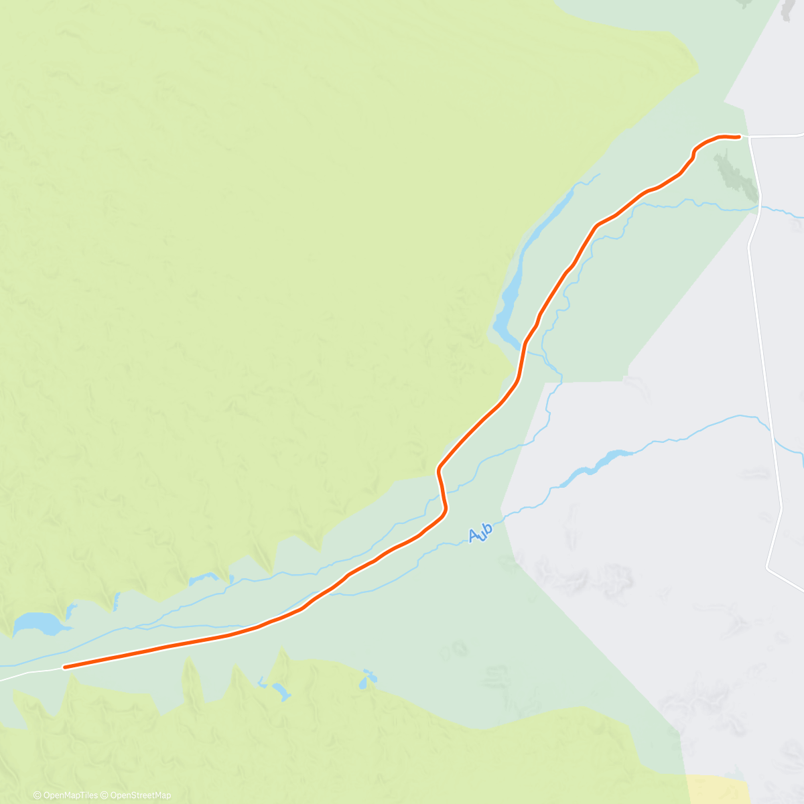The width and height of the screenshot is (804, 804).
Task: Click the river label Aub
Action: (480, 533)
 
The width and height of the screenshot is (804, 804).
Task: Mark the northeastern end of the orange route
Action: (738, 137)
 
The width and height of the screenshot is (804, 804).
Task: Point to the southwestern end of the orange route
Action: (64, 667)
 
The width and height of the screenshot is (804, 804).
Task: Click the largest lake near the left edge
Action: (37, 624)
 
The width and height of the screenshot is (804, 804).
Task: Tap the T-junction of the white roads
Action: (749, 137)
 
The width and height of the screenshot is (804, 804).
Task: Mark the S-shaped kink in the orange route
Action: (442, 489)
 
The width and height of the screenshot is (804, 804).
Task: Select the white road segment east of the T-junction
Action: (777, 135)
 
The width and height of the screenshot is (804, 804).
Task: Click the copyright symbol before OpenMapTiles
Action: (37, 795)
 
